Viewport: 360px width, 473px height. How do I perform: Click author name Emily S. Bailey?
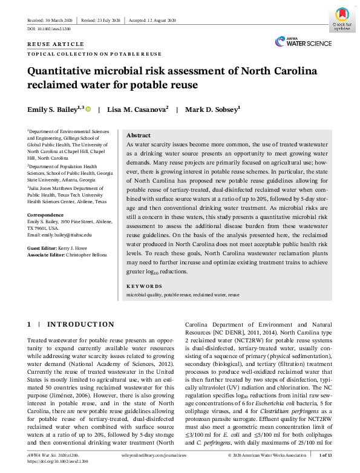[x=55, y=109]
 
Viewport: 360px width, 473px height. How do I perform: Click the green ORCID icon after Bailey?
[x=89, y=109]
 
